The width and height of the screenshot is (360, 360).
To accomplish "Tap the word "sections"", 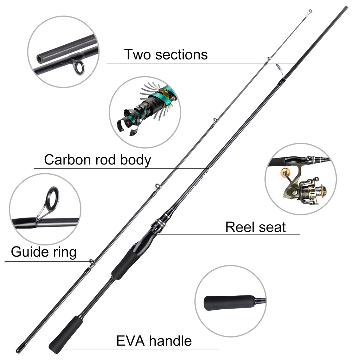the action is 181,55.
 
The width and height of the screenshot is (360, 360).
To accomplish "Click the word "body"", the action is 136,160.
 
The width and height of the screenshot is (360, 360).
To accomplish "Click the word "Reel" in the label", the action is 240,227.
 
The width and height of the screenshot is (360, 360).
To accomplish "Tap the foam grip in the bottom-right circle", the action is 229,303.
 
